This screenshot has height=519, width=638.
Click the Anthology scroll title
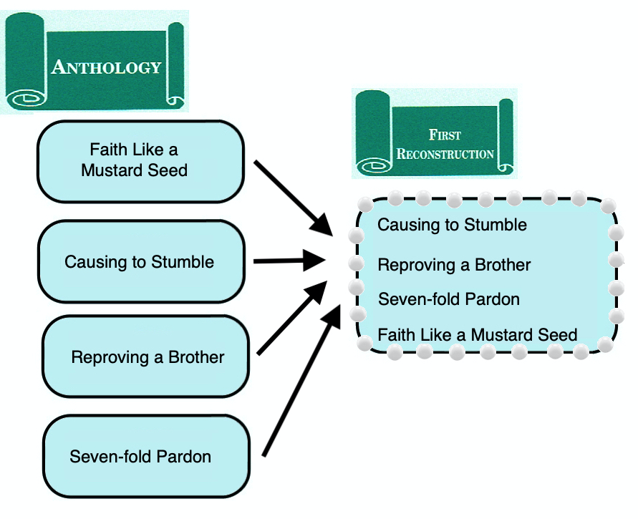click(106, 67)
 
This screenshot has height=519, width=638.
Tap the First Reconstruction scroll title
click(445, 144)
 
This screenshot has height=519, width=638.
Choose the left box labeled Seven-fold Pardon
click(146, 456)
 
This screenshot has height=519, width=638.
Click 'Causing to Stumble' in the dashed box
click(452, 225)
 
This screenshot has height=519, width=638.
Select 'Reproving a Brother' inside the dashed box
click(454, 265)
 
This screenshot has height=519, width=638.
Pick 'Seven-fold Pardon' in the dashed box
click(448, 299)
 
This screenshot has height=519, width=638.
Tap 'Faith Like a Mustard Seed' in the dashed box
click(477, 334)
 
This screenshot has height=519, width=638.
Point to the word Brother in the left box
click(196, 356)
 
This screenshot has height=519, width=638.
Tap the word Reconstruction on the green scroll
click(445, 153)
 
